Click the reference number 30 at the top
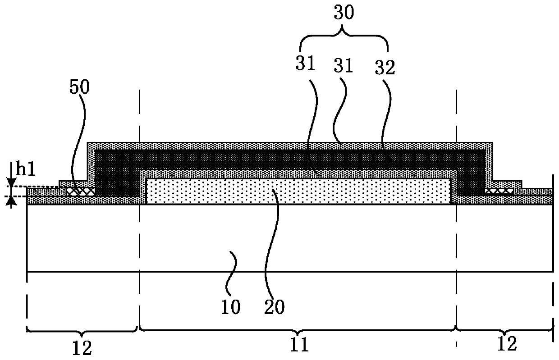pyautogui.click(x=344, y=13)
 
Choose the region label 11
pyautogui.click(x=298, y=345)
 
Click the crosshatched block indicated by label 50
pyautogui.click(x=81, y=191)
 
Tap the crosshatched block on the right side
pyautogui.click(x=499, y=191)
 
